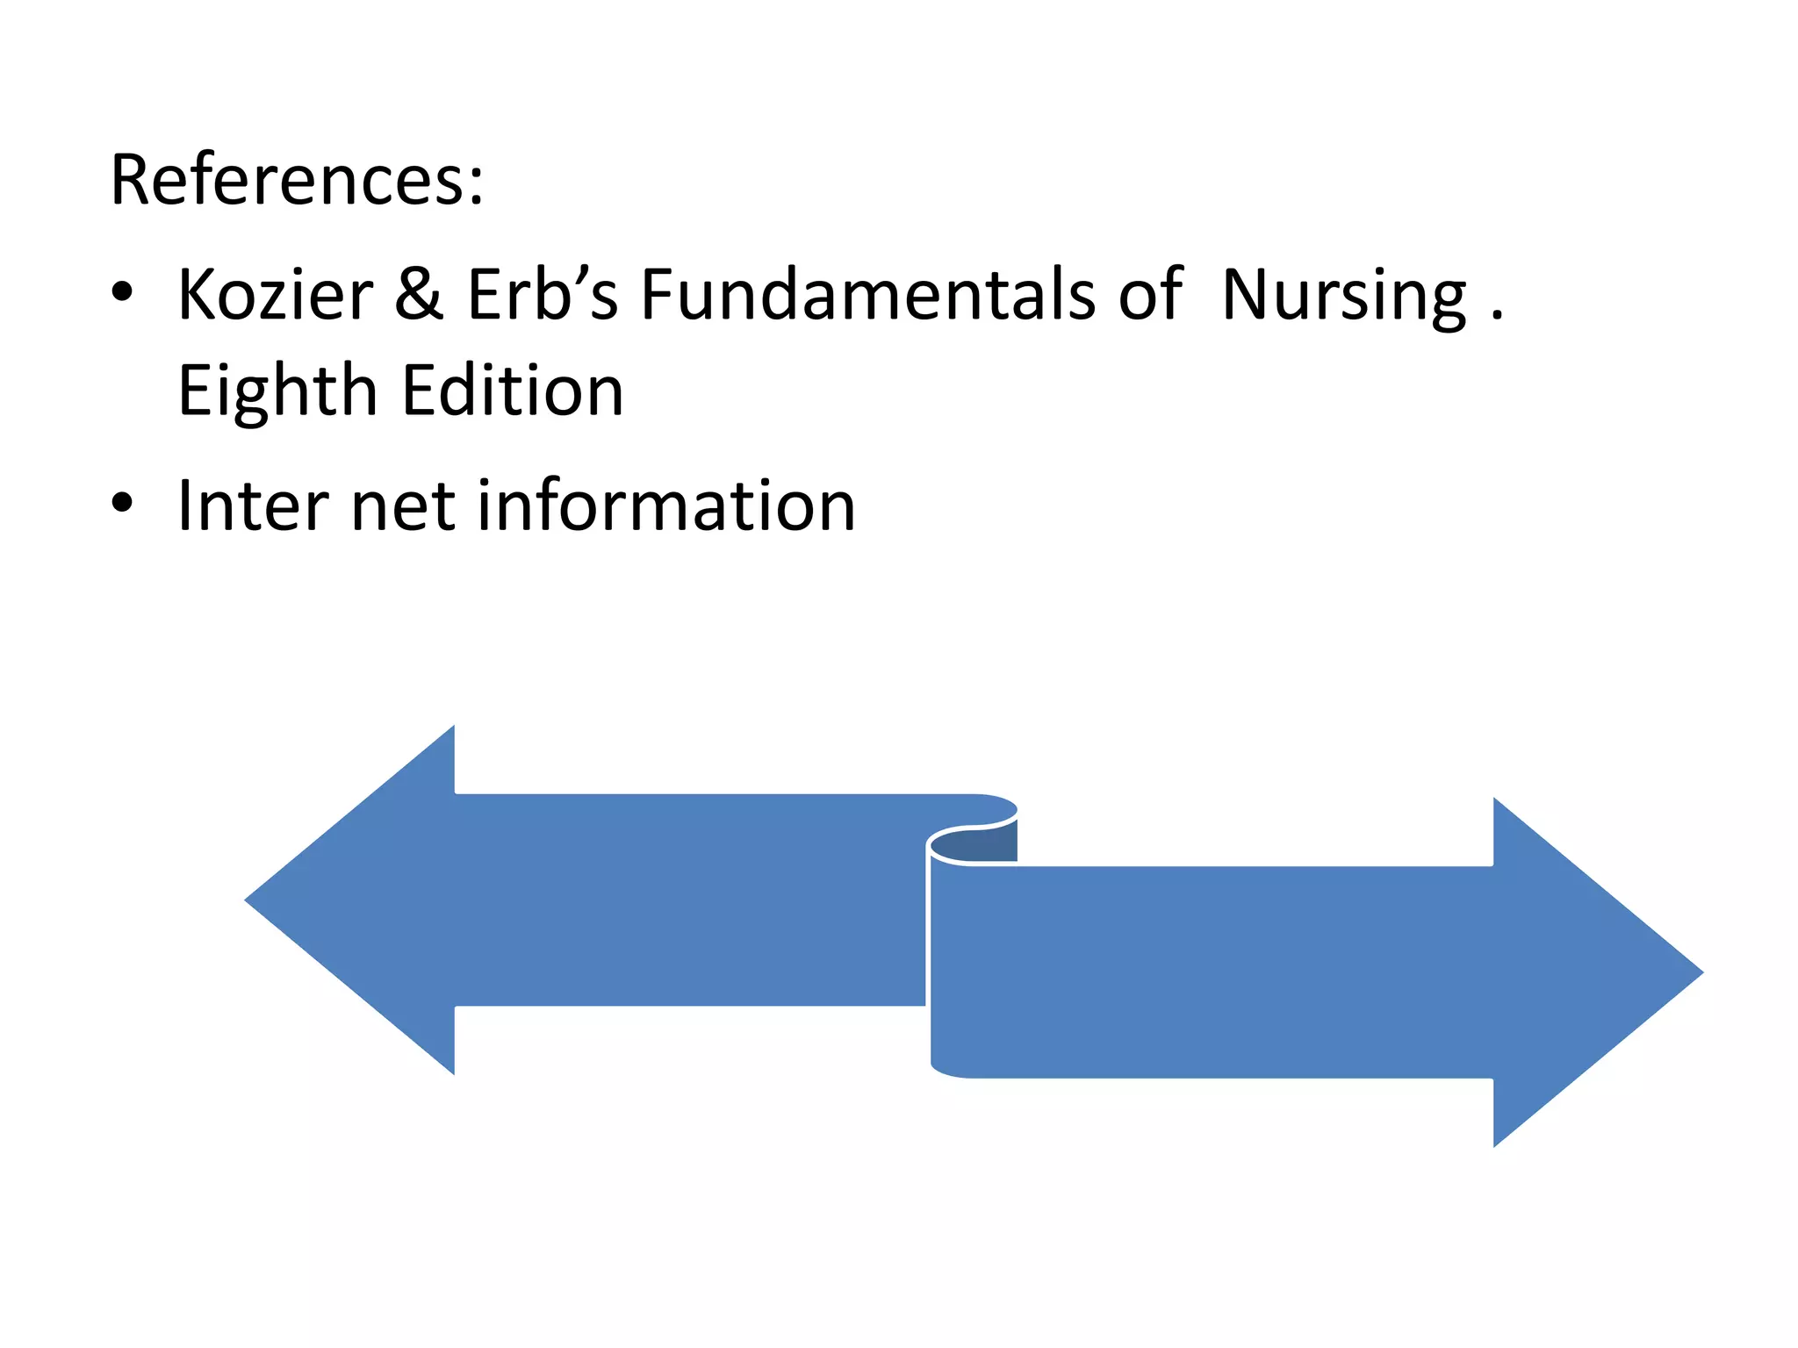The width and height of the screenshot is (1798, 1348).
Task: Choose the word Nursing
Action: pyautogui.click(x=1343, y=297)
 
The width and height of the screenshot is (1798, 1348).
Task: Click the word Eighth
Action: pyautogui.click(x=277, y=391)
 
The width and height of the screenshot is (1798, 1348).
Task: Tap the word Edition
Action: pyautogui.click(x=513, y=390)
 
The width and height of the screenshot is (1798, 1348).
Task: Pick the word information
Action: pyautogui.click(x=666, y=505)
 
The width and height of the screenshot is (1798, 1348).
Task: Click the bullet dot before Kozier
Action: pyautogui.click(x=122, y=292)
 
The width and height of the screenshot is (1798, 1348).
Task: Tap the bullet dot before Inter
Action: pyautogui.click(x=122, y=503)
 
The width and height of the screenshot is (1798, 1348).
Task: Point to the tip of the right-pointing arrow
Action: pyautogui.click(x=1699, y=972)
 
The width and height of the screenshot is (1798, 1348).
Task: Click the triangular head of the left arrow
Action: pyautogui.click(x=369, y=900)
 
